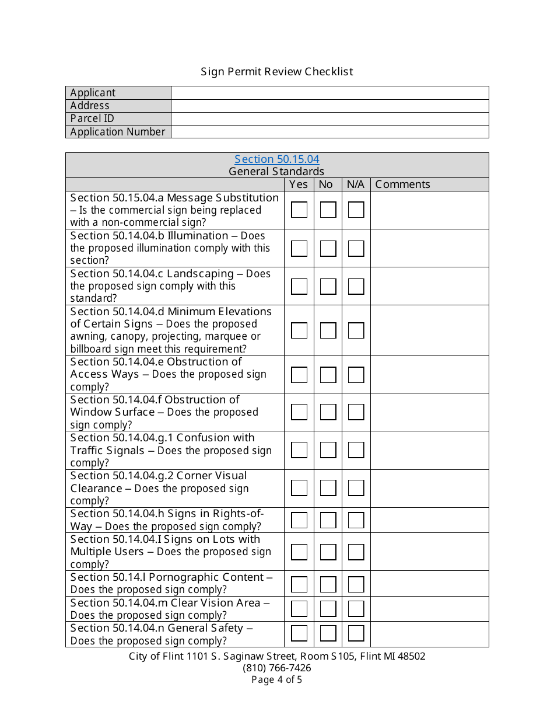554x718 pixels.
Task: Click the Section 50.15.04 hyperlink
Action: pyautogui.click(x=276, y=159)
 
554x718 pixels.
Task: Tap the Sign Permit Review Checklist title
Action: pyautogui.click(x=277, y=72)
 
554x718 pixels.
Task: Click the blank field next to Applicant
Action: pyautogui.click(x=329, y=93)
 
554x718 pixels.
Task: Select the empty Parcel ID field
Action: pyautogui.click(x=329, y=118)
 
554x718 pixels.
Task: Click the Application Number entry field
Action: pyautogui.click(x=329, y=132)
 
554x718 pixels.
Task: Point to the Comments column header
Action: pyautogui.click(x=402, y=184)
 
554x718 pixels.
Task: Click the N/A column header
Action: pyautogui.click(x=355, y=184)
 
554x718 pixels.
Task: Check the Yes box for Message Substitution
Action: pyautogui.click(x=299, y=210)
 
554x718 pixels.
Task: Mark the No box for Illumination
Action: pyautogui.click(x=328, y=248)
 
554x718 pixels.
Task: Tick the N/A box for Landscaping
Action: pyautogui.click(x=356, y=286)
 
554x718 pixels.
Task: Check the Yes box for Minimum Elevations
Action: pyautogui.click(x=299, y=330)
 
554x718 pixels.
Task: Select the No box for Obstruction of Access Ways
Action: pyautogui.click(x=328, y=374)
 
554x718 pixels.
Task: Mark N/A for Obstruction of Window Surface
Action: pyautogui.click(x=356, y=412)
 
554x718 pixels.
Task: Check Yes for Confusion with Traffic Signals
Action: pyautogui.click(x=299, y=450)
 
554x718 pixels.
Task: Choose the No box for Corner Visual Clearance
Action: pyautogui.click(x=328, y=488)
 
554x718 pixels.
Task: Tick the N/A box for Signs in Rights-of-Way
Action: pyautogui.click(x=356, y=520)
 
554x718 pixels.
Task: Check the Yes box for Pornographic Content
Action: pyautogui.click(x=299, y=584)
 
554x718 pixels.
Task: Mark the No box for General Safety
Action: pyautogui.click(x=328, y=634)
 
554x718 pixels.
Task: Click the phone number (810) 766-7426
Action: pyautogui.click(x=277, y=668)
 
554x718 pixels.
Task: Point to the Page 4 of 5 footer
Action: pyautogui.click(x=277, y=679)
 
